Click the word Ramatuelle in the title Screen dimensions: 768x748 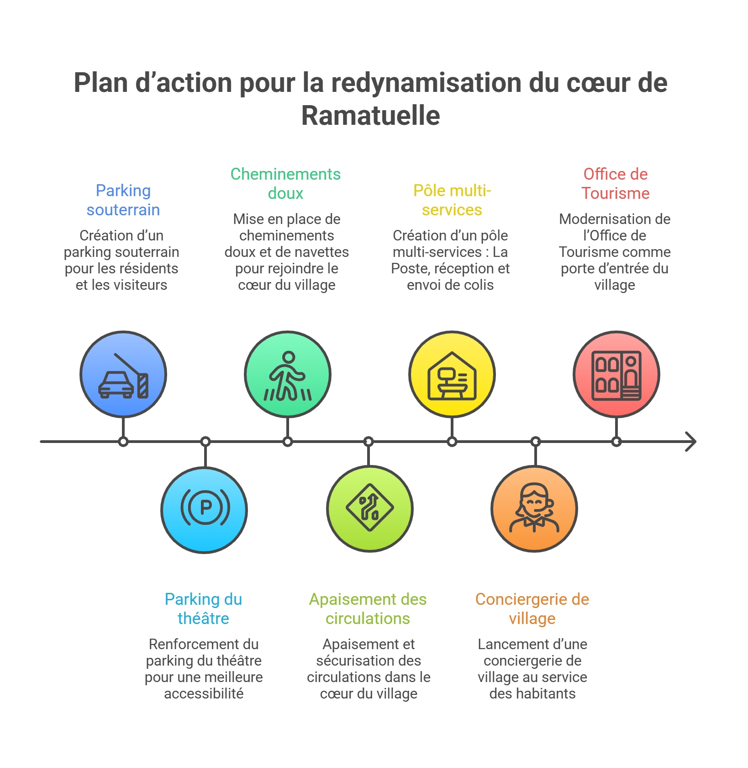pyautogui.click(x=370, y=115)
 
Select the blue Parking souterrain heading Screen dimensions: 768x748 pyautogui.click(x=123, y=200)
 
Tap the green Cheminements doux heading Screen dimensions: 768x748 pyautogui.click(x=285, y=184)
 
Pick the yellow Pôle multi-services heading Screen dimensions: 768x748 pyautogui.click(x=452, y=200)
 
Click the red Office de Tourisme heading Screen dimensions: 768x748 pyautogui.click(x=615, y=184)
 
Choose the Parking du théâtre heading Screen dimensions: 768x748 pyautogui.click(x=203, y=609)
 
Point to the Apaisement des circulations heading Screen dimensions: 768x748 pyautogui.click(x=368, y=609)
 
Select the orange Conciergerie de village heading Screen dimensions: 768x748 pyautogui.click(x=532, y=609)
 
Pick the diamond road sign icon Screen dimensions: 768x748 pyautogui.click(x=370, y=507)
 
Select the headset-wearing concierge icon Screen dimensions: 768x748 pyautogui.click(x=534, y=507)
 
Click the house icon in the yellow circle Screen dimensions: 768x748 pyautogui.click(x=452, y=376)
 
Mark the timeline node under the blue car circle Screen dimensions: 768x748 pyautogui.click(x=123, y=442)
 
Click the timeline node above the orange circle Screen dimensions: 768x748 pyautogui.click(x=536, y=442)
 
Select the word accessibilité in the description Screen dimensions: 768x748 pyautogui.click(x=204, y=693)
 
